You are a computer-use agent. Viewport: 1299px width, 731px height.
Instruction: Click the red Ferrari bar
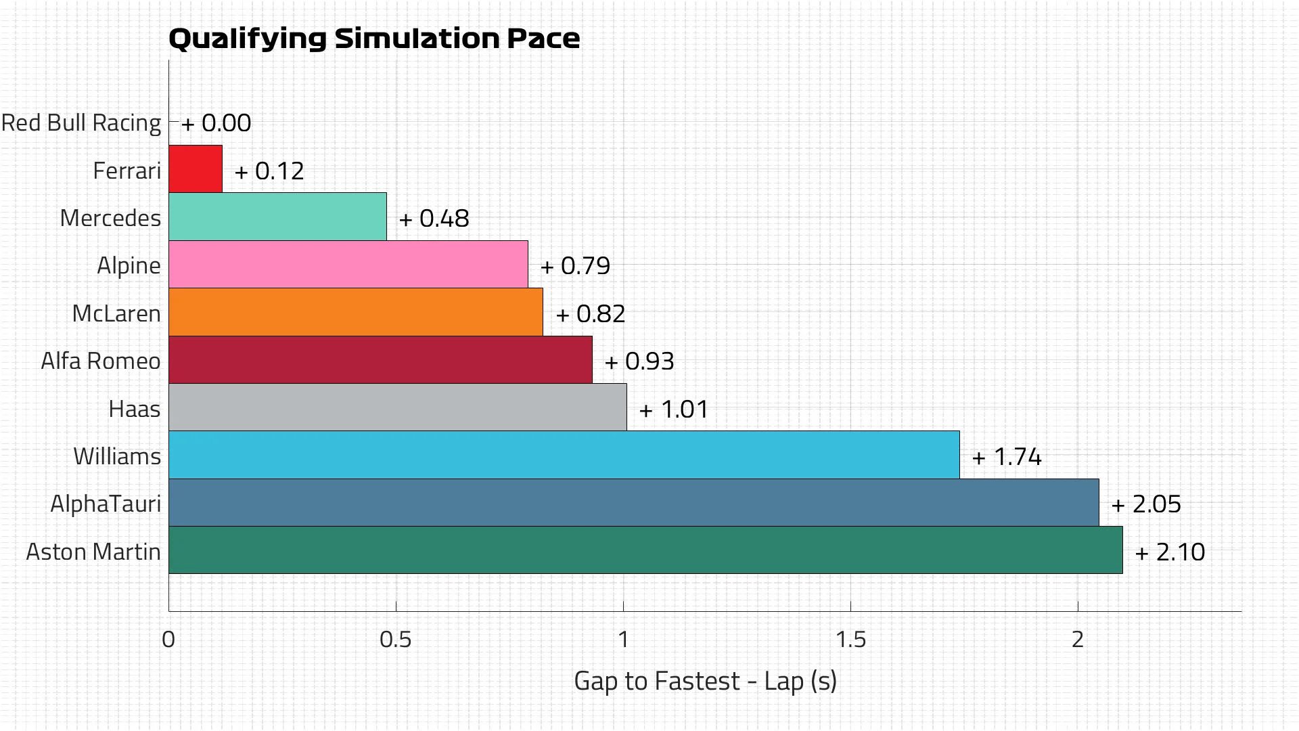196,169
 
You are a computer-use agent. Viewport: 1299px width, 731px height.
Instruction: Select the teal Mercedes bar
277,217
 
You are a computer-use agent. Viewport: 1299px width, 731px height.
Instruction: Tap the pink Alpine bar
348,264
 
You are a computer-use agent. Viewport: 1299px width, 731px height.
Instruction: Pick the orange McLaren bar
355,312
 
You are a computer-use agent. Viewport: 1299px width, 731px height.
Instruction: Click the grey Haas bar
397,407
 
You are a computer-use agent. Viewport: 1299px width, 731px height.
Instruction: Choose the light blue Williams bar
564,455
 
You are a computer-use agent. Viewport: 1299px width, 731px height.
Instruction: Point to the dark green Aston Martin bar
645,550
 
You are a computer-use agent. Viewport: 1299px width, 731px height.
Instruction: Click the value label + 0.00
216,123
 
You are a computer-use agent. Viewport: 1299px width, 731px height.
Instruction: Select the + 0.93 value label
639,361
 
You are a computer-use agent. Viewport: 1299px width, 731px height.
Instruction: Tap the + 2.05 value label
1146,504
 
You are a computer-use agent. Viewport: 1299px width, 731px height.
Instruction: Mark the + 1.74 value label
1007,457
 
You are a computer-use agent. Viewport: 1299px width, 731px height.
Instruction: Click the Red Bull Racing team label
81,123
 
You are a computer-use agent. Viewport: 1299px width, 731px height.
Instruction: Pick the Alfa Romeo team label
101,361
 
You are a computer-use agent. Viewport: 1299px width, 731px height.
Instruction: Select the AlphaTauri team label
106,504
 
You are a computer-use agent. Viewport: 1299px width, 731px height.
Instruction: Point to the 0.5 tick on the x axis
396,639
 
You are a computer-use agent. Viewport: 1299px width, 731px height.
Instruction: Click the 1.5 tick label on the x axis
850,639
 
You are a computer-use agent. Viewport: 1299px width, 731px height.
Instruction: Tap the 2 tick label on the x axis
1078,639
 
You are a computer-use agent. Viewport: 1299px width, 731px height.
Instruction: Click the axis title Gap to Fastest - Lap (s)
705,681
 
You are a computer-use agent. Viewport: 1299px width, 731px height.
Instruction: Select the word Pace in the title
543,39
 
